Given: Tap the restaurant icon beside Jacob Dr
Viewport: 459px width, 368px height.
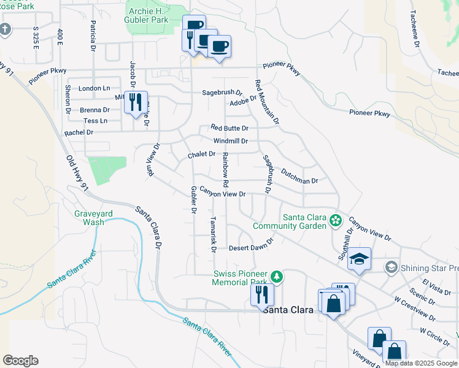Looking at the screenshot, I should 136,101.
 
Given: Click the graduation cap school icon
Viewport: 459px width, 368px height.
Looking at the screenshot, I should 360,259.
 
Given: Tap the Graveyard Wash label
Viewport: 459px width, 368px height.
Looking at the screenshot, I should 90,218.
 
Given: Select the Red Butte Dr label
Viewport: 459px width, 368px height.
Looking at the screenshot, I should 229,128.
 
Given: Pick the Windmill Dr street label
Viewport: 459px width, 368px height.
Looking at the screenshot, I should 230,141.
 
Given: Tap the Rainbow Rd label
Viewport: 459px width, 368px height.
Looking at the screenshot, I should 226,170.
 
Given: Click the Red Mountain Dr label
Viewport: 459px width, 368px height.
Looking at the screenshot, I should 267,102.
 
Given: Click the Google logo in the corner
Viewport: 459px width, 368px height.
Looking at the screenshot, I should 20,361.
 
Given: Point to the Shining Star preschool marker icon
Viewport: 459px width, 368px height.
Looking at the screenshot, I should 391,267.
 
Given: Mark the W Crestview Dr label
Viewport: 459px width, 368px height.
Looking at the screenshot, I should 415,310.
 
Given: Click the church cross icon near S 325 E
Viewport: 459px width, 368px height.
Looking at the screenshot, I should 6,29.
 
